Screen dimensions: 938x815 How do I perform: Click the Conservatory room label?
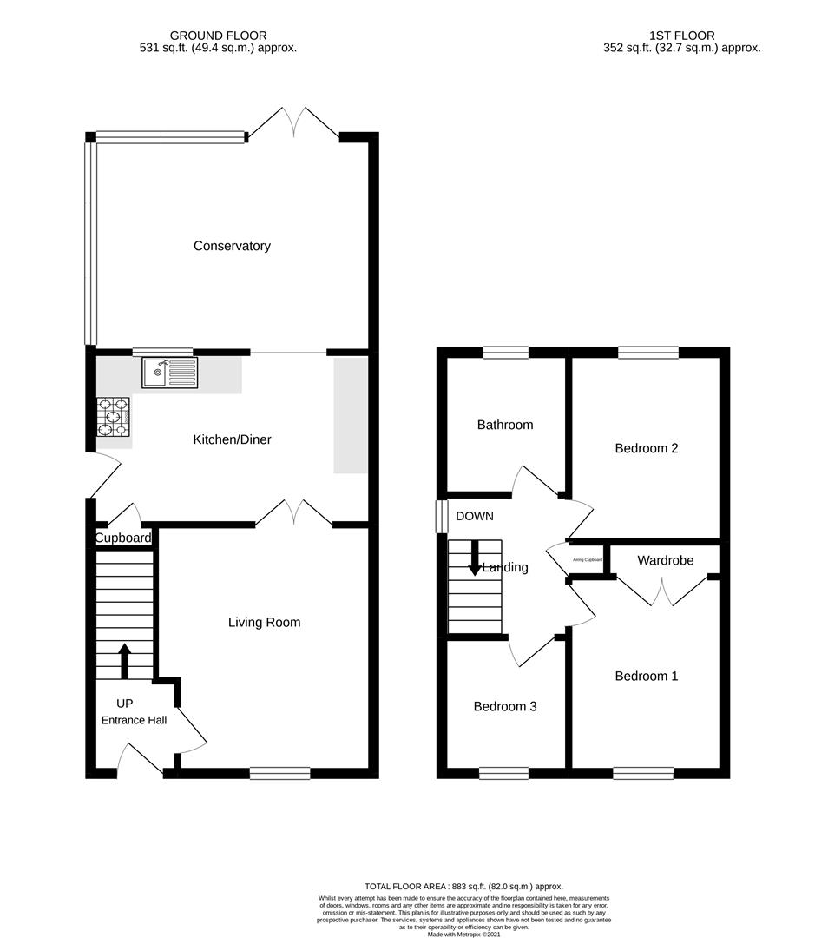pos(232,246)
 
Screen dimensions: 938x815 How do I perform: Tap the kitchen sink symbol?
pos(170,373)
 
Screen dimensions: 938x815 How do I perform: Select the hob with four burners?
pos(114,416)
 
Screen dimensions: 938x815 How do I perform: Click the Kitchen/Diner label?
pos(232,439)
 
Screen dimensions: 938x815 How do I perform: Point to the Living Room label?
pos(264,622)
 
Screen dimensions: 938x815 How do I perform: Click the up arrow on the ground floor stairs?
pos(124,660)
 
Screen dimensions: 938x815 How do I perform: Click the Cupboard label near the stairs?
pos(123,538)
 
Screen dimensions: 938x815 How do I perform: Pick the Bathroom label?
pos(505,425)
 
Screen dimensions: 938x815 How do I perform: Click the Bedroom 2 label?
pos(647,448)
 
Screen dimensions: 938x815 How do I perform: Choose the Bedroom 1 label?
pos(647,676)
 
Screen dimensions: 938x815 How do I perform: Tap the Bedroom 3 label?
pos(505,706)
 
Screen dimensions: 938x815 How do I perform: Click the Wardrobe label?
pos(666,560)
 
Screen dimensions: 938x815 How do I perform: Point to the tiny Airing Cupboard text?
pos(588,560)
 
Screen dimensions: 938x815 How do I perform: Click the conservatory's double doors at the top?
pos(293,124)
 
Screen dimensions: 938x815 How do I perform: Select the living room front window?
pos(279,773)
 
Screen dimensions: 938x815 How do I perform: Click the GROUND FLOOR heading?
pos(219,36)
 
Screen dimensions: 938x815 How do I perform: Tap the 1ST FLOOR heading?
pos(682,36)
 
